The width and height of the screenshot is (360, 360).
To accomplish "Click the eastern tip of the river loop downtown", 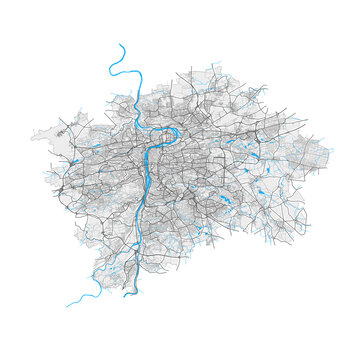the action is pos(177,129).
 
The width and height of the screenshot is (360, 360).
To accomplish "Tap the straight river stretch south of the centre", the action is pos(149,190).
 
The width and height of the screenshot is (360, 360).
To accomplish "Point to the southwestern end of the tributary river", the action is pos(67,305).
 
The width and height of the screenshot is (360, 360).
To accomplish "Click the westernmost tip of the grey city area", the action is pos(31,133).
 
